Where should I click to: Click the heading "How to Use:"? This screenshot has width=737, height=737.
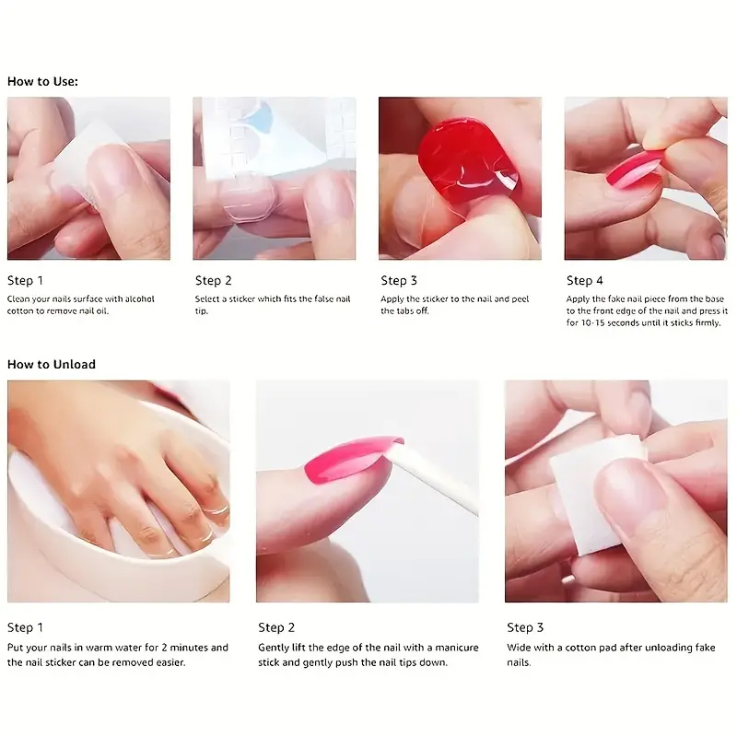point(42,81)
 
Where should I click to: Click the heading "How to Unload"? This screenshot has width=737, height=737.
point(52,364)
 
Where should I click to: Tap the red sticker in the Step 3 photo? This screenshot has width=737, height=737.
point(465,158)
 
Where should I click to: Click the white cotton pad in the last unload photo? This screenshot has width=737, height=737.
point(590,488)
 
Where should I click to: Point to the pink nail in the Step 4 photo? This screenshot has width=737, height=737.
point(636,170)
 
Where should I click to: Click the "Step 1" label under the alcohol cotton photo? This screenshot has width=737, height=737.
point(25,280)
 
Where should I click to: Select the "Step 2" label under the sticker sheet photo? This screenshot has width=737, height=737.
point(213,280)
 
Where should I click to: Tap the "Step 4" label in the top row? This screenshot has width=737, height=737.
point(585,280)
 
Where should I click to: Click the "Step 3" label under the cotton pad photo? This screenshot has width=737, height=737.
point(525,627)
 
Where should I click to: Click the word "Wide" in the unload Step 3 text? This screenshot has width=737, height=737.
point(519,648)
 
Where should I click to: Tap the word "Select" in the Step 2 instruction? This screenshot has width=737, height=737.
point(209,299)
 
